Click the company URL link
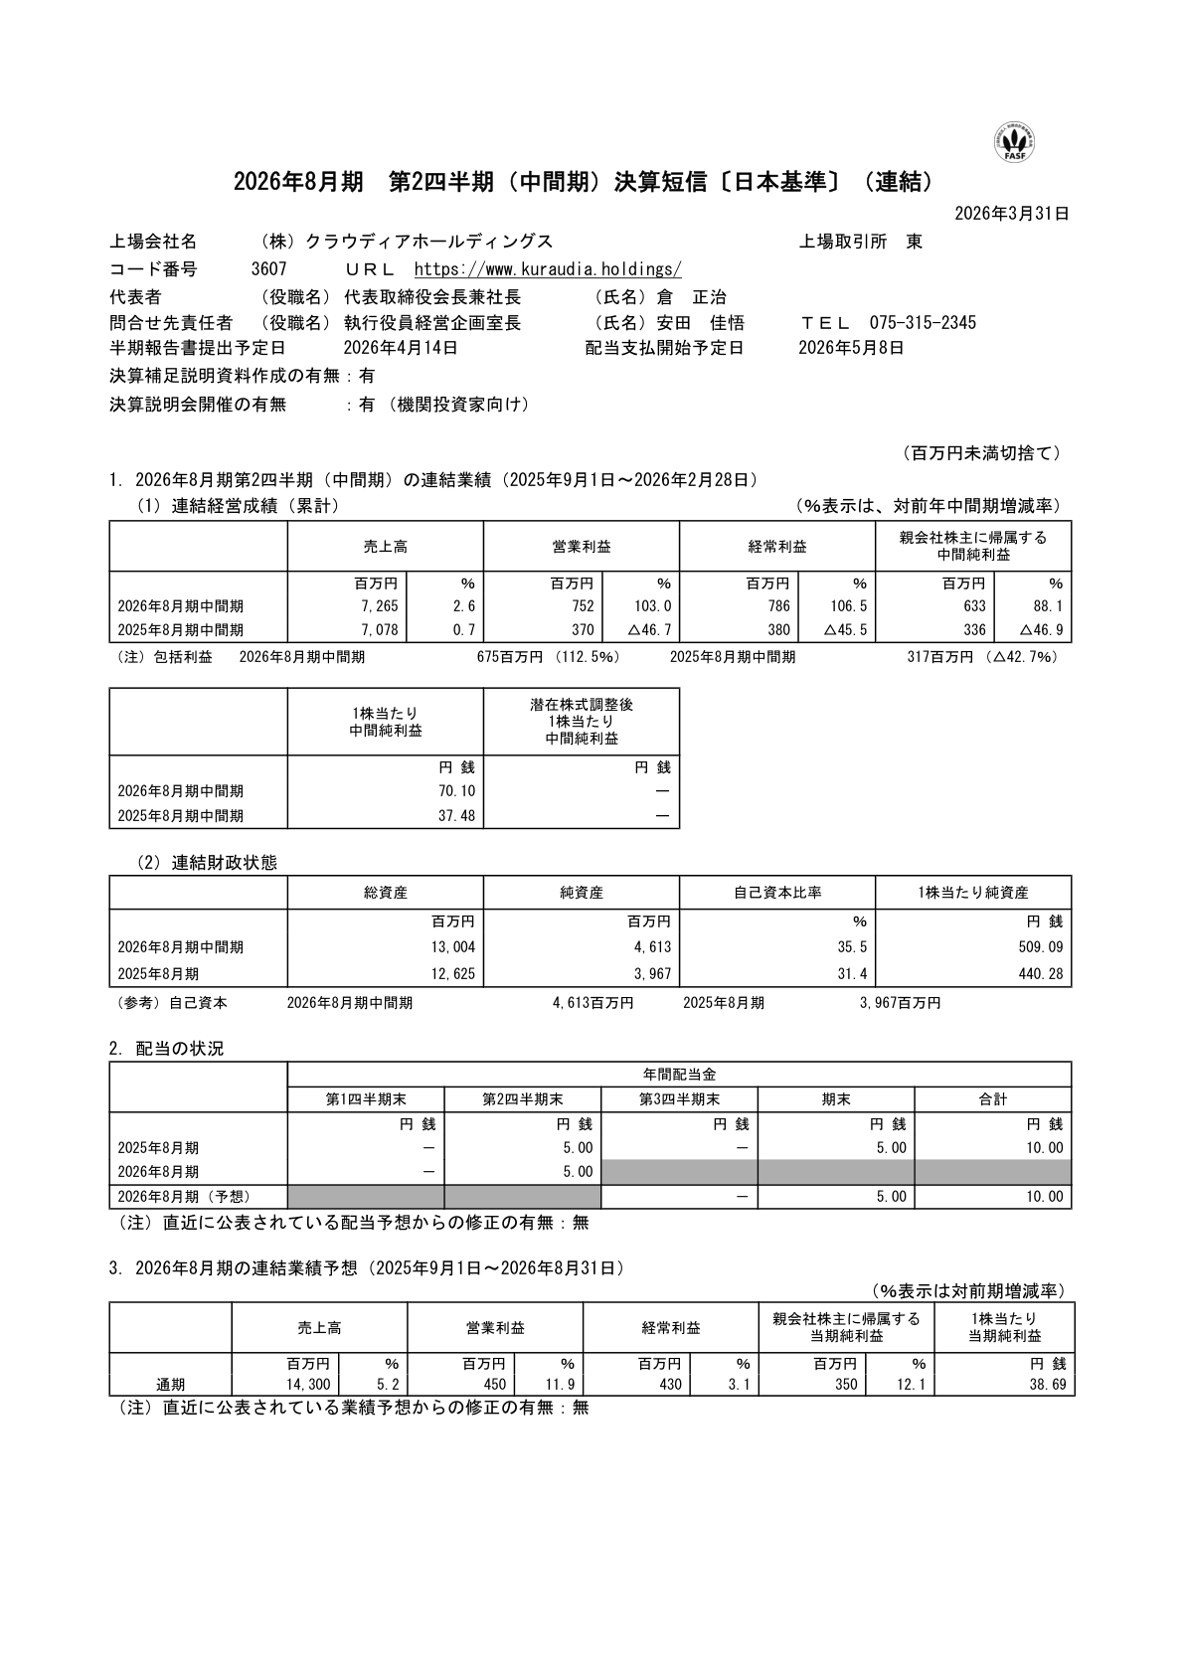[x=547, y=269]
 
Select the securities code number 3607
[x=269, y=269]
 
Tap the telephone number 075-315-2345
[x=923, y=322]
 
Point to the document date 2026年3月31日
[x=1011, y=213]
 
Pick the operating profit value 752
[x=583, y=606]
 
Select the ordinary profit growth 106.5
[x=849, y=606]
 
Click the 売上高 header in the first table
[x=385, y=547]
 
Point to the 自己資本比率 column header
[x=776, y=893]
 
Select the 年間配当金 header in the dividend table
[x=679, y=1075]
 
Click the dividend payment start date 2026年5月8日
[x=851, y=348]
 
